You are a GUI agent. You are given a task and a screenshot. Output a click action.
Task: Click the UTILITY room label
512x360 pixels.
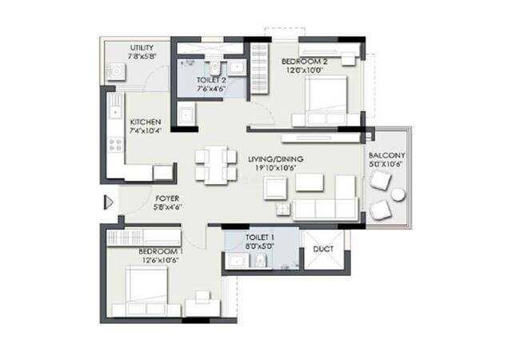pos(142,48)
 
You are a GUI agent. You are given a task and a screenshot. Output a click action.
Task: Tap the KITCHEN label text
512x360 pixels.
pos(146,122)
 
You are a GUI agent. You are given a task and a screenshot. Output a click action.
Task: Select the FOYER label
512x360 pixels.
pos(167,198)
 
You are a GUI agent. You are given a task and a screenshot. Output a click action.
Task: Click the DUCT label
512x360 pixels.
pos(323,249)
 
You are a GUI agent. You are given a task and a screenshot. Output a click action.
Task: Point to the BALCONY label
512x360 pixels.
pos(386,155)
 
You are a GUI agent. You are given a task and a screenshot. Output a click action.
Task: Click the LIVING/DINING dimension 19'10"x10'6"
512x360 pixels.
pos(275,168)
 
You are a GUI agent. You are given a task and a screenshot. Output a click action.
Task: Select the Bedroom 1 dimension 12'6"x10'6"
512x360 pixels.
pos(160,260)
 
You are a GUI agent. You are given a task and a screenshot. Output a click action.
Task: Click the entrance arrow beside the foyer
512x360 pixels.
pos(109,202)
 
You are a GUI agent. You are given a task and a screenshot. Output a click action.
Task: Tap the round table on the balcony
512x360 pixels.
pos(398,194)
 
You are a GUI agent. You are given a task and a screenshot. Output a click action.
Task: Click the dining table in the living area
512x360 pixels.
pos(216,165)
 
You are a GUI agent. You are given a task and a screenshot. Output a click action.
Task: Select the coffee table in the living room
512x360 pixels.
pos(310,182)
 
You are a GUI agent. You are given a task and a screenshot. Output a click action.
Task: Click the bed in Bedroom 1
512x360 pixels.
pos(146,287)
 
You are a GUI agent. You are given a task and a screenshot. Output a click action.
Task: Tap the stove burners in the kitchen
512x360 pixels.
pos(116,145)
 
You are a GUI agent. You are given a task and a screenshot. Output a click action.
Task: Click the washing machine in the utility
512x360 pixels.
pos(116,72)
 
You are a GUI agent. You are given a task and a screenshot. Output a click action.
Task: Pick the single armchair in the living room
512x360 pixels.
pos(275,188)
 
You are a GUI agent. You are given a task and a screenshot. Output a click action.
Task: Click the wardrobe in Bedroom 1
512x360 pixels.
pos(144,237)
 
